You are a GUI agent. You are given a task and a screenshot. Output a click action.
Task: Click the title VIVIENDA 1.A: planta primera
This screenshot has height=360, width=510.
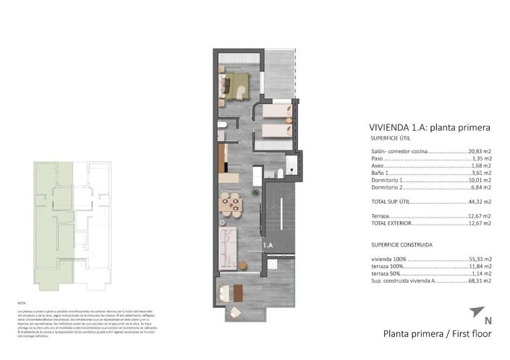[x=430, y=127]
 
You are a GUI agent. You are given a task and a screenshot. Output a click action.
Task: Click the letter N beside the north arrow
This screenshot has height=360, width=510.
[x=488, y=320]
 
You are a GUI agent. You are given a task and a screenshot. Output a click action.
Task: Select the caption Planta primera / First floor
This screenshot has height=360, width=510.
[x=437, y=334]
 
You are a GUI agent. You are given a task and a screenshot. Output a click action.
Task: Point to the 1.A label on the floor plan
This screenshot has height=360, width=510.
[x=268, y=246]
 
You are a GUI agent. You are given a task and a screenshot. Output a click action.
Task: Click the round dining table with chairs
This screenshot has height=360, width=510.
[x=231, y=204]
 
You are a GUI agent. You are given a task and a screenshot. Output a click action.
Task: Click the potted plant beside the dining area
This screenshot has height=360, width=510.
[x=254, y=193]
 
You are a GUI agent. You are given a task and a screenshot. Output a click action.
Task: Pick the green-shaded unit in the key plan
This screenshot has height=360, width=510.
[x=54, y=224]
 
